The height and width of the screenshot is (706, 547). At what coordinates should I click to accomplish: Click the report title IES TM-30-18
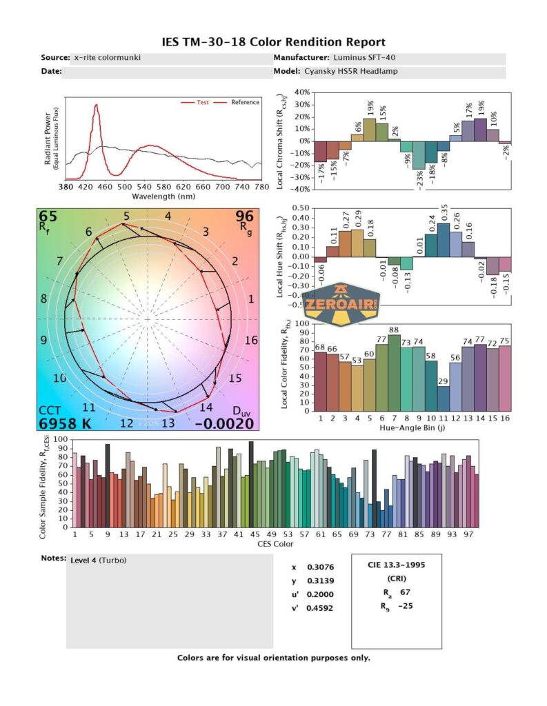point(273,42)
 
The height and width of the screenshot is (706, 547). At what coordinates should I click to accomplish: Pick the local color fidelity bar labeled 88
point(394,372)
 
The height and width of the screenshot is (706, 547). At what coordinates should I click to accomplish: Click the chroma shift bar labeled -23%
point(419,154)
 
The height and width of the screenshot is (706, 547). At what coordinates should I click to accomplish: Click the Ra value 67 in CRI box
point(404,592)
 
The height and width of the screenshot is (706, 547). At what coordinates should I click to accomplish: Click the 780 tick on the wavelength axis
point(261,187)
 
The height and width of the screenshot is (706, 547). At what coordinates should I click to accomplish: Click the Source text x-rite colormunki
point(106,57)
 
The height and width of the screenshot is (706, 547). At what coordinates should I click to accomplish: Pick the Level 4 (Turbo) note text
point(98,560)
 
